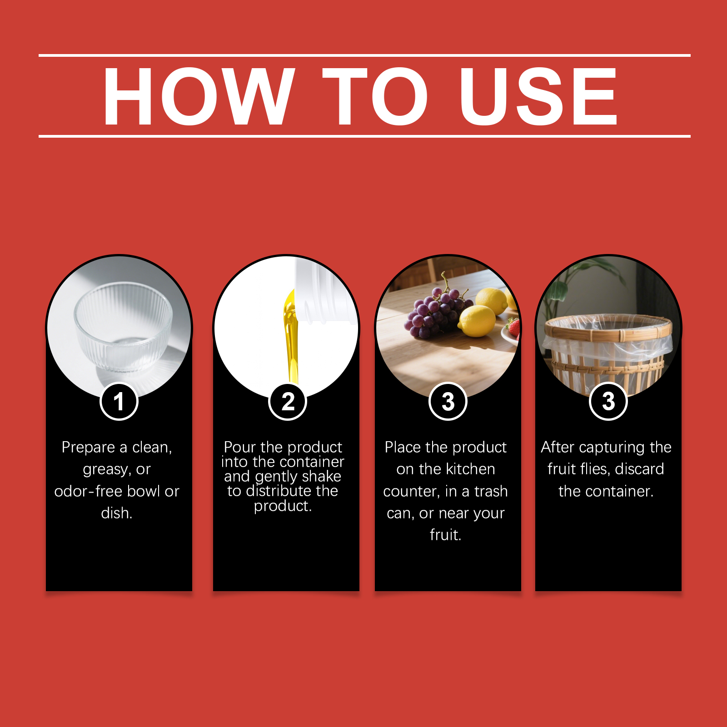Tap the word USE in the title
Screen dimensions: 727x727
[x=538, y=96]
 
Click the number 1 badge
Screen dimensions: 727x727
[x=119, y=402]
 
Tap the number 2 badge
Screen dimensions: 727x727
[x=288, y=402]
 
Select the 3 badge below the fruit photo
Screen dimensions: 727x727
[x=448, y=402]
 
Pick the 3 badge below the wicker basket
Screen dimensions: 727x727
[x=608, y=402]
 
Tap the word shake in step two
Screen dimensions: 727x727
[x=321, y=476]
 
